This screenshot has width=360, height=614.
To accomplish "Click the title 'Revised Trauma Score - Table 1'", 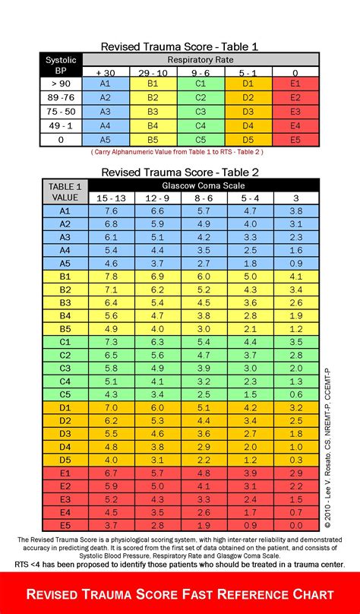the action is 180,46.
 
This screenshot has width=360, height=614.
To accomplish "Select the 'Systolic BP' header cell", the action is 61,65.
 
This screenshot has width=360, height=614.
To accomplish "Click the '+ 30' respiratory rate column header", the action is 105,71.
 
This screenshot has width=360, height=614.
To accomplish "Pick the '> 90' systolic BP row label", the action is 61,84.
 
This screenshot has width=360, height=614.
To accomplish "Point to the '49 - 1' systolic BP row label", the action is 61,125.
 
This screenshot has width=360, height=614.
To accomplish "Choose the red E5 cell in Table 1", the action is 297,139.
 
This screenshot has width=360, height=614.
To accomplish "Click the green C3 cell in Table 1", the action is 201,112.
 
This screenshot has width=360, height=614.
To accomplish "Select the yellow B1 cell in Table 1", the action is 153,84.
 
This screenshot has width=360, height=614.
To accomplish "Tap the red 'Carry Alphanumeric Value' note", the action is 180,152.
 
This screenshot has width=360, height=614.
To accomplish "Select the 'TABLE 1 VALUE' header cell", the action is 65,191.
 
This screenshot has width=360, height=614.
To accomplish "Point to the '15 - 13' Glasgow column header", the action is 111,198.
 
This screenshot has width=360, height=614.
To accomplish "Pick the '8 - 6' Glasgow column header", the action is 204,198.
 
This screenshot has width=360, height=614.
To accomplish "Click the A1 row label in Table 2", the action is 65,210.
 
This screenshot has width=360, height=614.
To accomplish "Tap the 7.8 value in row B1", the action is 111,277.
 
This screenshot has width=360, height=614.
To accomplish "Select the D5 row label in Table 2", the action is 65,460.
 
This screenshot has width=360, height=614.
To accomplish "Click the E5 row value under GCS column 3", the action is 297,526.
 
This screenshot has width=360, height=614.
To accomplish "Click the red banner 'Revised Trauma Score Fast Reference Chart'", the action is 180,593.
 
